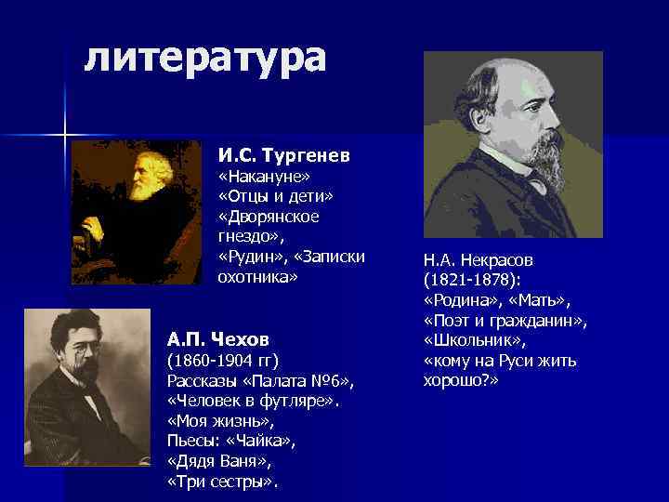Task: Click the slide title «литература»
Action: [x=204, y=58]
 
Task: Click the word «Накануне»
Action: [x=263, y=176]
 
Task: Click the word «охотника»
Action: [x=257, y=276]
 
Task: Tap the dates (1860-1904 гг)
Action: [x=222, y=360]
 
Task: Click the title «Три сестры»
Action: [x=222, y=482]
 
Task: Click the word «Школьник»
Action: [x=468, y=340]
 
